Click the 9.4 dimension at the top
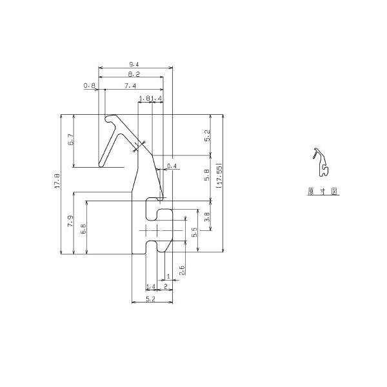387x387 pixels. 134,64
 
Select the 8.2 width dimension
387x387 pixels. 134,75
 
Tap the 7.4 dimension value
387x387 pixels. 130,86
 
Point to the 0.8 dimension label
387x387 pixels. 89,86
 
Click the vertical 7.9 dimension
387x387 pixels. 70,222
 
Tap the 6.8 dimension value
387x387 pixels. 83,229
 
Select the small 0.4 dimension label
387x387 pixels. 171,166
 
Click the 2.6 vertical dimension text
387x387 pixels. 183,270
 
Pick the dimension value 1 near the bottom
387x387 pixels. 168,276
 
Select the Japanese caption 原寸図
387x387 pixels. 323,192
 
